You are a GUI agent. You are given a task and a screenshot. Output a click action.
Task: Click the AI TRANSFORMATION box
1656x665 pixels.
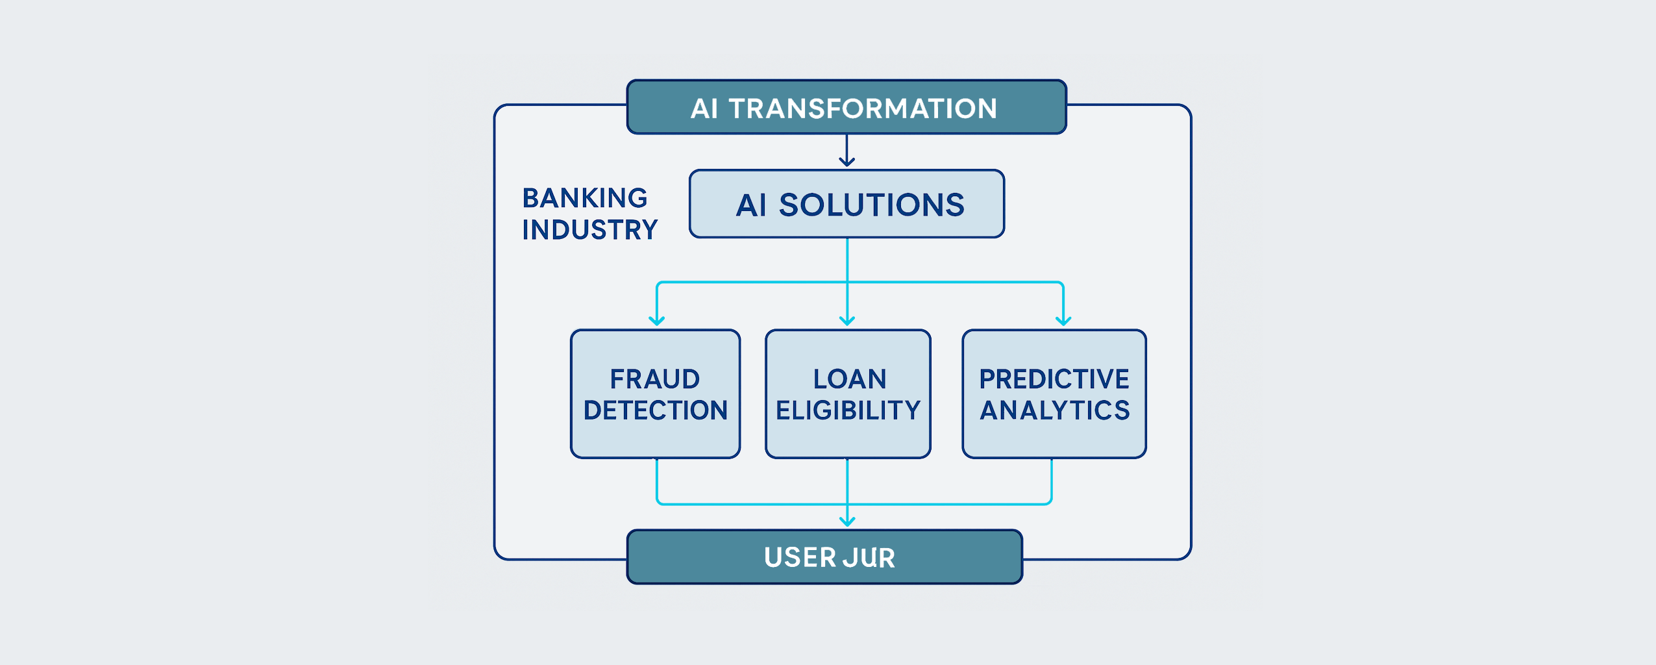(846, 107)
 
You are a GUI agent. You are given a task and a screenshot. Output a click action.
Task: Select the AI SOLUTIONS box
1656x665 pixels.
(847, 204)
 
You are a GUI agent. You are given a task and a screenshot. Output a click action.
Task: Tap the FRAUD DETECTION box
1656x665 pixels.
(655, 394)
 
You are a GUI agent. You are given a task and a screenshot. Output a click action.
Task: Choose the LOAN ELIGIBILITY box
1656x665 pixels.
(848, 394)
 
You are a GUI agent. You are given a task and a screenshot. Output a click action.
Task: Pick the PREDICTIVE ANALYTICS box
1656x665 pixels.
(1054, 394)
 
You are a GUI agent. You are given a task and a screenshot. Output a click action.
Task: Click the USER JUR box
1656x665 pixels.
(824, 557)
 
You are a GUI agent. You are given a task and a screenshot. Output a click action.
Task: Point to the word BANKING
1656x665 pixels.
(585, 198)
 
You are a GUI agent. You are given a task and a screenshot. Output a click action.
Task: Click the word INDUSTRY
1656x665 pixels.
(590, 230)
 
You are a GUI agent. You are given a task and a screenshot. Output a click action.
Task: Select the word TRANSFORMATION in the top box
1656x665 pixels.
(863, 108)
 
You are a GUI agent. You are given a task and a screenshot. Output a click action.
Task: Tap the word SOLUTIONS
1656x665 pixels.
(872, 205)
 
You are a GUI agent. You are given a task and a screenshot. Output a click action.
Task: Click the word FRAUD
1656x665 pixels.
(655, 379)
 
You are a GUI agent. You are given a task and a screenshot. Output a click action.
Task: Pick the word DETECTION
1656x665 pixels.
(656, 410)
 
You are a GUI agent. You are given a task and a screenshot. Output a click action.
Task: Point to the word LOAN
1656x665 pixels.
(850, 379)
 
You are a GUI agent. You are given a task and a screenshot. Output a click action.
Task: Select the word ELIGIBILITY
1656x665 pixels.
(848, 410)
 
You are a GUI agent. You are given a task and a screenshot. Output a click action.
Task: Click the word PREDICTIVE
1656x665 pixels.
(1054, 379)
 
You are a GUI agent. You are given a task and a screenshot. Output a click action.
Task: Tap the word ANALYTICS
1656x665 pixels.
(1055, 410)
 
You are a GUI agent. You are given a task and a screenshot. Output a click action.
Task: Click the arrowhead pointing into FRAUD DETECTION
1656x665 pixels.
(657, 321)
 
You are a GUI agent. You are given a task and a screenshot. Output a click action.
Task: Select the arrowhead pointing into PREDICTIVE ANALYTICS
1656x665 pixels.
(1063, 321)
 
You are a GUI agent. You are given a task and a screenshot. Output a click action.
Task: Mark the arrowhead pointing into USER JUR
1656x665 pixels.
(847, 521)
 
